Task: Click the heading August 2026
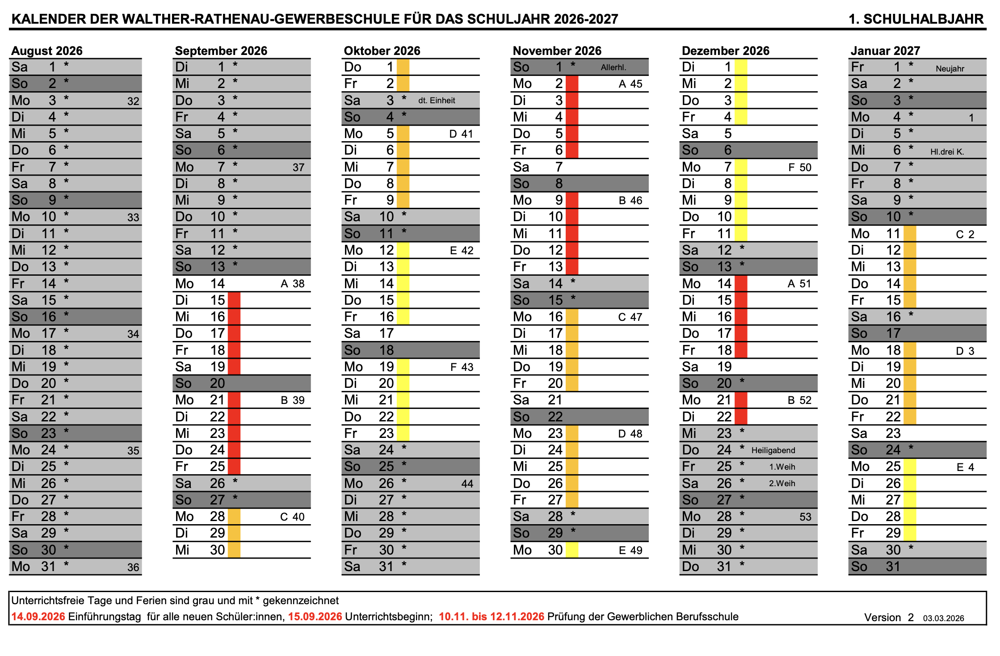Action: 47,50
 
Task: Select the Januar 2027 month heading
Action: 885,50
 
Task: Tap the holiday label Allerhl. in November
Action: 613,67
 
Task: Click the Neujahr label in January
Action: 950,68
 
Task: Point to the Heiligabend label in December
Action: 773,450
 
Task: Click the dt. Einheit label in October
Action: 437,101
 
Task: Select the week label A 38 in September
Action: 292,284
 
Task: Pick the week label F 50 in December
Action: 799,168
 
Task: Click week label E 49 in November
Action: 630,551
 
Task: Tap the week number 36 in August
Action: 133,567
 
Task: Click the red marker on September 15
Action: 234,300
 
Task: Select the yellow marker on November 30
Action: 571,550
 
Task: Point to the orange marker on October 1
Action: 403,67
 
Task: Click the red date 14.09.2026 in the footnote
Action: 38,617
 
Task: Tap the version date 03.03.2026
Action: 943,618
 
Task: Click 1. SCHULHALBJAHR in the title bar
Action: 916,19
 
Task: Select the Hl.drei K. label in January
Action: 947,152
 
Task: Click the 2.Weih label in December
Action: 782,484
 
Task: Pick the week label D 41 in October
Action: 461,134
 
